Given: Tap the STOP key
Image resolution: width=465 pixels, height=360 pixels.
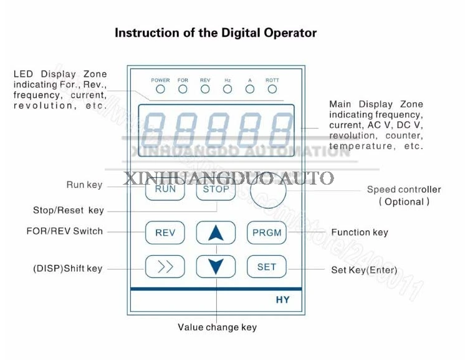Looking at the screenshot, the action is pyautogui.click(x=216, y=189).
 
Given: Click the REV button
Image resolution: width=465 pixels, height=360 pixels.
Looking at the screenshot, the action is pyautogui.click(x=165, y=233).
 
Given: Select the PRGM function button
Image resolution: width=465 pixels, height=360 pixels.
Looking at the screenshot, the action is pyautogui.click(x=267, y=233).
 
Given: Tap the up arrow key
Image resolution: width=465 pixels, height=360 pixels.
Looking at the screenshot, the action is pyautogui.click(x=216, y=233).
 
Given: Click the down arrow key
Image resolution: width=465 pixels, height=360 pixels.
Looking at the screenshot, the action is pyautogui.click(x=216, y=266).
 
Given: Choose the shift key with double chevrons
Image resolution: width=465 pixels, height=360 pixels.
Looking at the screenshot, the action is pyautogui.click(x=165, y=266).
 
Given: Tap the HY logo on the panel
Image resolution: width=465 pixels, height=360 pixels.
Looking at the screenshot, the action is pyautogui.click(x=282, y=299).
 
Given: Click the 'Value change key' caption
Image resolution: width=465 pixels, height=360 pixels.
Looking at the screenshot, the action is pyautogui.click(x=217, y=327).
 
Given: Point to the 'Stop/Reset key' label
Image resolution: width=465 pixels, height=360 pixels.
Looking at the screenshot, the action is pyautogui.click(x=69, y=210).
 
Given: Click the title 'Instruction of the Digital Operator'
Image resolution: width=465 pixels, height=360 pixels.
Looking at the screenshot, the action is pyautogui.click(x=216, y=33).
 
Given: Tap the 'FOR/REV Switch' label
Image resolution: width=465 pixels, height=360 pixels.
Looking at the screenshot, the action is pyautogui.click(x=65, y=231).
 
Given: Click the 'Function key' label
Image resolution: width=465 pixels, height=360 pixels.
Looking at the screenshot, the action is pyautogui.click(x=360, y=232).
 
